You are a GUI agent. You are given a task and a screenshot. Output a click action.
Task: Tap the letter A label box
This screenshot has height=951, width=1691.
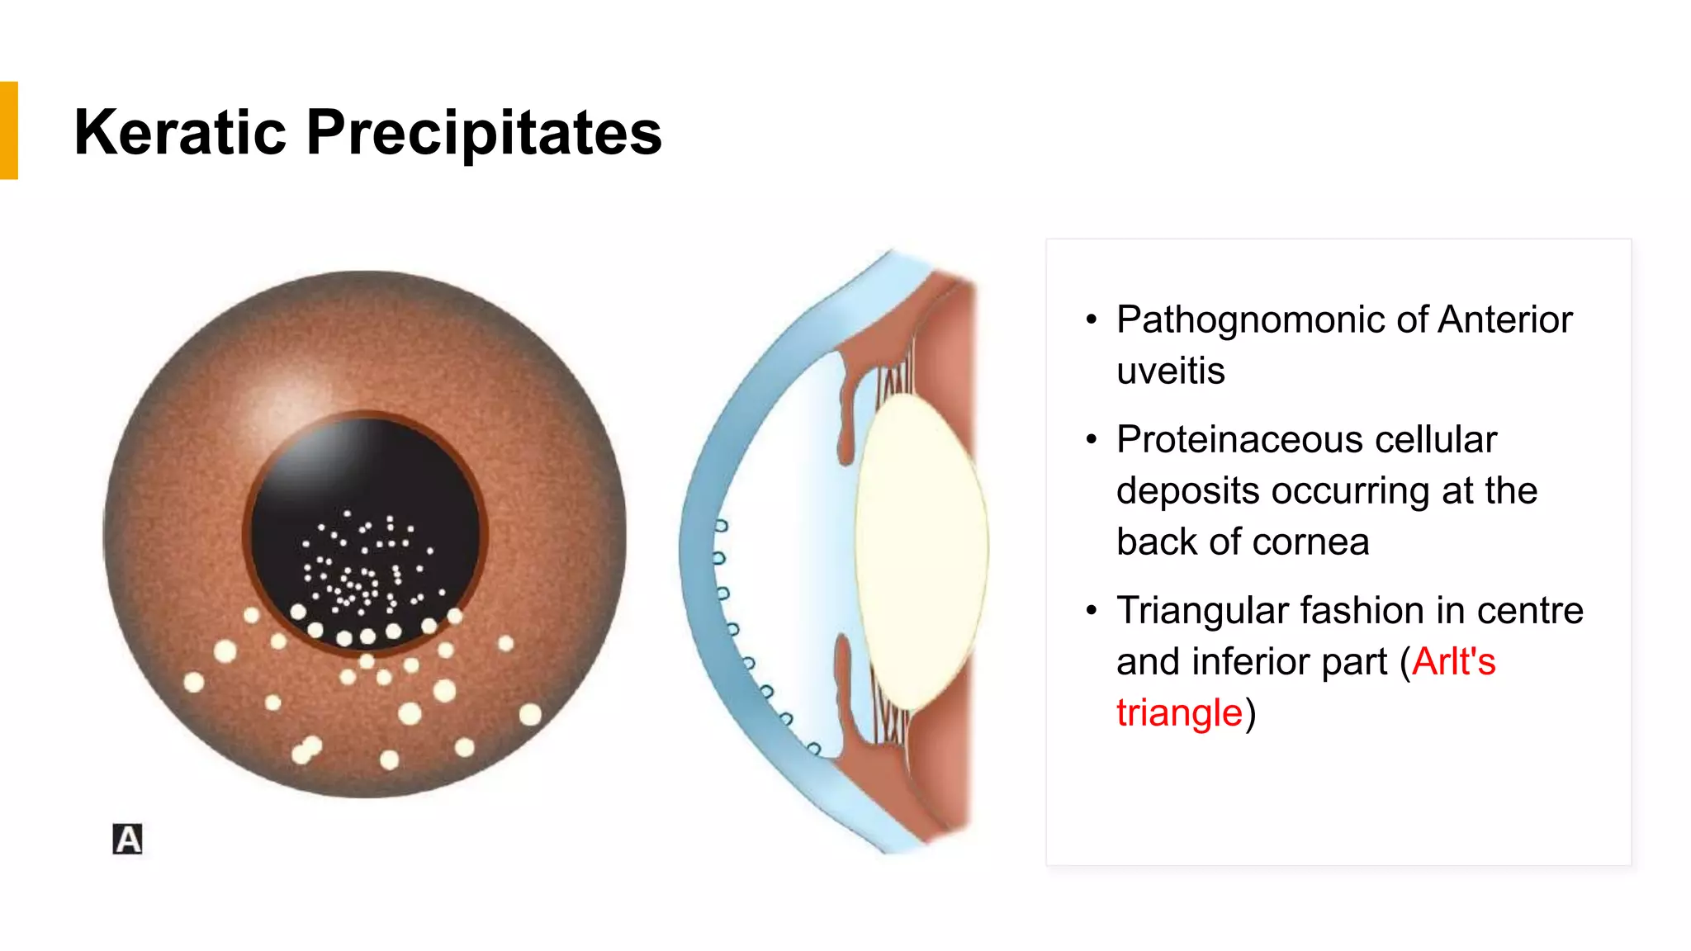coord(127,839)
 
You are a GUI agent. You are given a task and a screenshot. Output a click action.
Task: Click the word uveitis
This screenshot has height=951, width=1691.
coord(1170,371)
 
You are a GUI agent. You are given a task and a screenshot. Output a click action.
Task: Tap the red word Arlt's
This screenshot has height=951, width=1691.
coord(1453,662)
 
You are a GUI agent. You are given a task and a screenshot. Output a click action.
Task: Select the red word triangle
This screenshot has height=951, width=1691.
coord(1179,713)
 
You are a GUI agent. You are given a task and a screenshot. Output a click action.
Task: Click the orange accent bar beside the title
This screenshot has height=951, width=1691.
coord(8,130)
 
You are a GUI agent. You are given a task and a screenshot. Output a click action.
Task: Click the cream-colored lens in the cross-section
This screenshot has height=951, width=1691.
coord(921,549)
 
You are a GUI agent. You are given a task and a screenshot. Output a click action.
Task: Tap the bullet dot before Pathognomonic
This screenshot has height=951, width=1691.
coord(1092,320)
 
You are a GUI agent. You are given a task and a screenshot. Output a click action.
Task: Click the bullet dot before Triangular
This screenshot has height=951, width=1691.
coord(1092,611)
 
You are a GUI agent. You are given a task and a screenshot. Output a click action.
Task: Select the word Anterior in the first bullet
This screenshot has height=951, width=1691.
coord(1504,320)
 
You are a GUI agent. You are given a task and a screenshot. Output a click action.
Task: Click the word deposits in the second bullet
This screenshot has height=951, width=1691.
coord(1187,492)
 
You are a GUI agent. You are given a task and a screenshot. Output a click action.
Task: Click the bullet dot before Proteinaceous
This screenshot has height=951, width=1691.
coord(1092,440)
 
